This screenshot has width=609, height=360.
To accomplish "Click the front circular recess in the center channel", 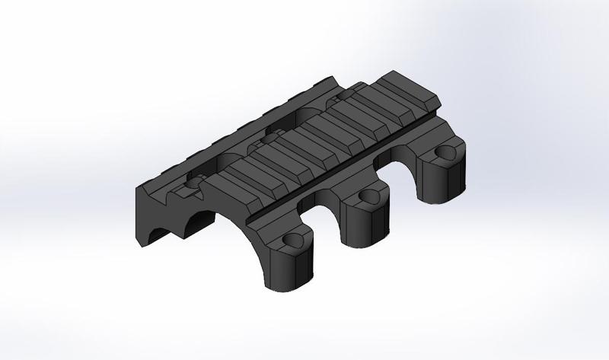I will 193,183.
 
